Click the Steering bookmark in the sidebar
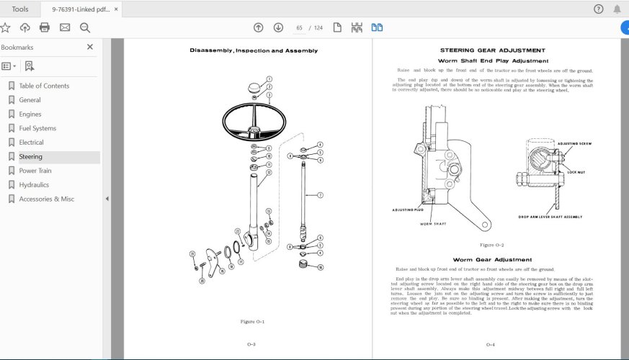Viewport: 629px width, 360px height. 30,156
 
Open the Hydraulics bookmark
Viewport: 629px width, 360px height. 34,185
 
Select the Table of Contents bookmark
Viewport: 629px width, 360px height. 44,86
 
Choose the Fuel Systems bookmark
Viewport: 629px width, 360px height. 37,128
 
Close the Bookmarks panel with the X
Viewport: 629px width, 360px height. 90,47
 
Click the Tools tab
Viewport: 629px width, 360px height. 20,9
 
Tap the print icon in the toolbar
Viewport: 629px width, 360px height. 45,27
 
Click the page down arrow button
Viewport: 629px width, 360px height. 278,27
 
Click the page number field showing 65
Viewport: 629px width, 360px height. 298,28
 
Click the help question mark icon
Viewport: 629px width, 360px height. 598,9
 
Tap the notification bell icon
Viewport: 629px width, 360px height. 617,9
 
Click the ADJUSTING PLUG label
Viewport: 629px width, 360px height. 407,210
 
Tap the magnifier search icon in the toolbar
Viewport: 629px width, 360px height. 84,27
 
